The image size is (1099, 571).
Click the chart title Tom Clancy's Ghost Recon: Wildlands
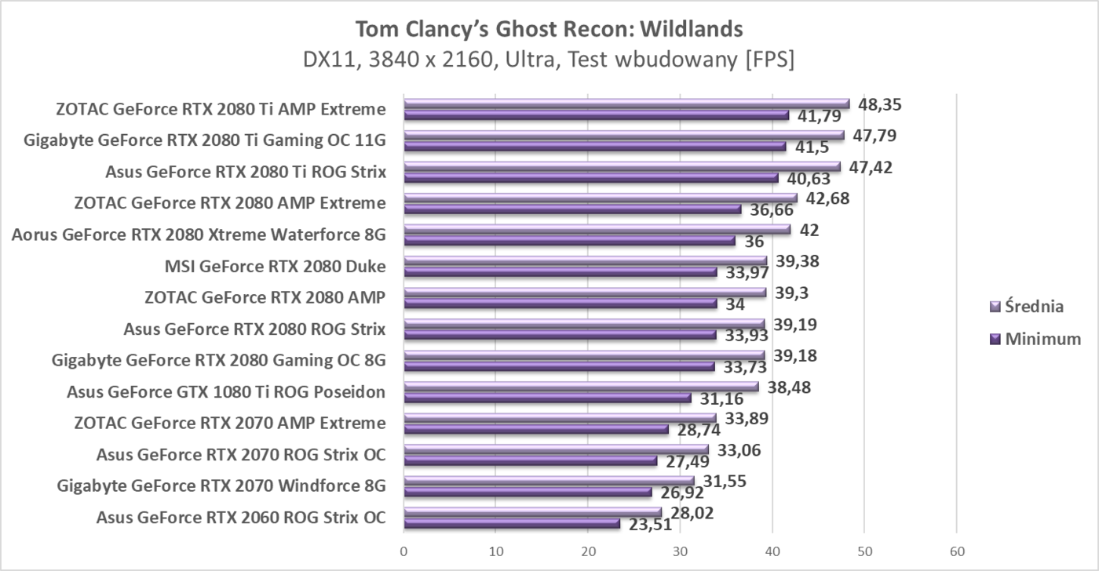[549, 29]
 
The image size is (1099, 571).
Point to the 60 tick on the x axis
[955, 551]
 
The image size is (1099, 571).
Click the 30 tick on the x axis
[680, 551]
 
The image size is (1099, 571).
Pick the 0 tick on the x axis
[403, 551]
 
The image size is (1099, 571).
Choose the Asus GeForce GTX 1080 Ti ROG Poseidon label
[226, 391]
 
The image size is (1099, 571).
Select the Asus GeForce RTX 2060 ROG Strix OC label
[240, 517]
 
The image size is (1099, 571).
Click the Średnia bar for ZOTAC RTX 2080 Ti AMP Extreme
[626, 104]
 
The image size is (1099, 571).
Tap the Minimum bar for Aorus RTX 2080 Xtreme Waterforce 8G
[569, 241]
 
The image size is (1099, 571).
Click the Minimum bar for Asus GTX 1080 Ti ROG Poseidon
[547, 398]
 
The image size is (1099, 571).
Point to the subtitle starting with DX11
[549, 60]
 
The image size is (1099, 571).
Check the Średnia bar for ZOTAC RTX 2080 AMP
[585, 293]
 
